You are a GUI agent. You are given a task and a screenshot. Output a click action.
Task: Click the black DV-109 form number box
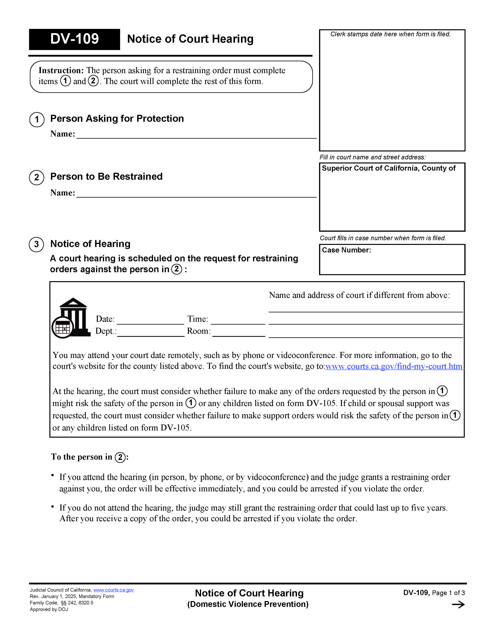coord(74,39)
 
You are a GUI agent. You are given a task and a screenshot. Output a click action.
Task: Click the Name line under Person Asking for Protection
coord(196,134)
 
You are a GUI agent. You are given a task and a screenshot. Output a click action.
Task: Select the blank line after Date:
coord(150,320)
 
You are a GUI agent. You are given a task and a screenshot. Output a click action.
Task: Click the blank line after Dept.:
coord(151,332)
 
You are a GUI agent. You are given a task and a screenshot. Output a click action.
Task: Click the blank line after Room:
coord(238,332)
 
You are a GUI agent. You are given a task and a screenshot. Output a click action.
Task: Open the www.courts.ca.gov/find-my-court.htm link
coord(394,366)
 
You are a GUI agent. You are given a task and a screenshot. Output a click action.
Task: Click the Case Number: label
coord(346,250)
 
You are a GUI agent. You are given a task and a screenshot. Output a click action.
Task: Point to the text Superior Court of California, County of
coord(388,168)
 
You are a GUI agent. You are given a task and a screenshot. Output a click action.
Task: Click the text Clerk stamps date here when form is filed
coord(390,34)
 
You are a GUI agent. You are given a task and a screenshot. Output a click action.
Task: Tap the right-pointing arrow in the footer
coord(458,605)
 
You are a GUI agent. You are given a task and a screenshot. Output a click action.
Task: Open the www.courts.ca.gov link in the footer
coord(113,590)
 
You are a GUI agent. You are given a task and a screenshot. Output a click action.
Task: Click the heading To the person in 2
coord(90,457)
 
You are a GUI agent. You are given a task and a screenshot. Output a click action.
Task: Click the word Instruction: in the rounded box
coord(61,71)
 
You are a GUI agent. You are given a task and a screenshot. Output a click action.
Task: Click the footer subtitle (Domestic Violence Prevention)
coord(248,604)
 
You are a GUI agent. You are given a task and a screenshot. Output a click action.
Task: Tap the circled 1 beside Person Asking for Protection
coord(37,120)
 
